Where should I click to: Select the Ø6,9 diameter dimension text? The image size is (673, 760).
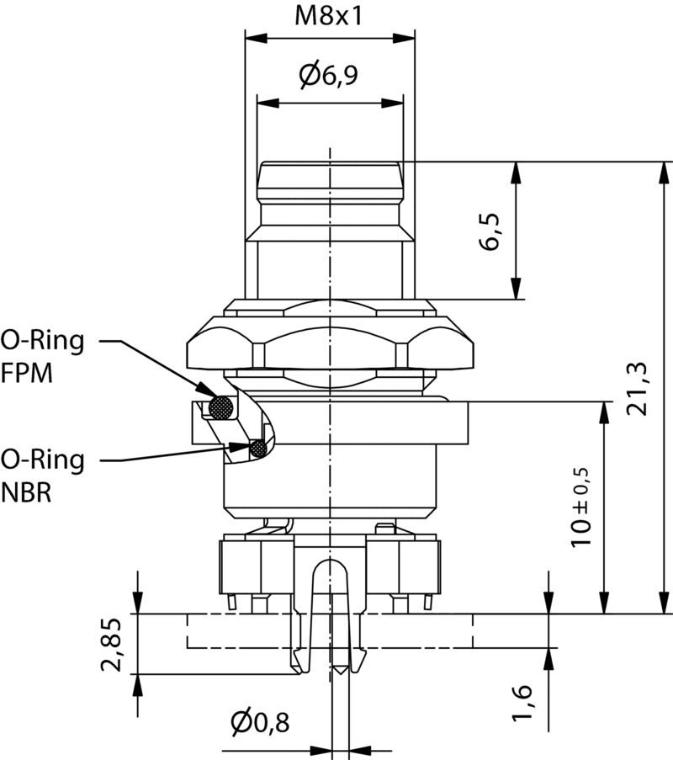click(329, 77)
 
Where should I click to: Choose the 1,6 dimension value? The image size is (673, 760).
click(522, 703)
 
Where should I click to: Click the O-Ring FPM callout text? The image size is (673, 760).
click(42, 356)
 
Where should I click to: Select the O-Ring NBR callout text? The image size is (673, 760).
click(42, 476)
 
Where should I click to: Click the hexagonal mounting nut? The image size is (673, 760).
click(330, 341)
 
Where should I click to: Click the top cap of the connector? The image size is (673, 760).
click(330, 173)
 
